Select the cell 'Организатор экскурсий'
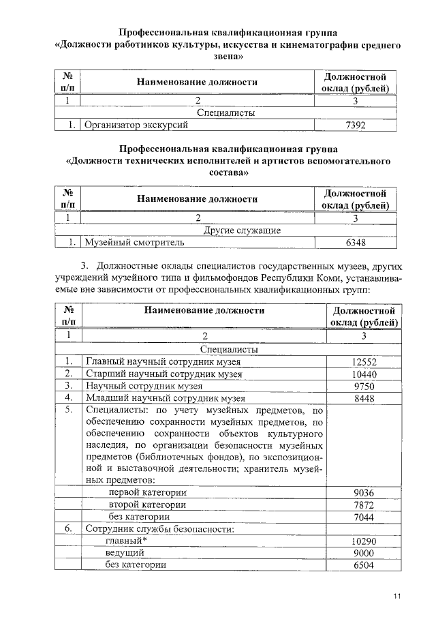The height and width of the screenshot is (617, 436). point(130,125)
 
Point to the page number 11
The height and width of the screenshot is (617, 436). point(397,597)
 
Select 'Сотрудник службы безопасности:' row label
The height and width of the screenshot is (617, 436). point(159,529)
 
